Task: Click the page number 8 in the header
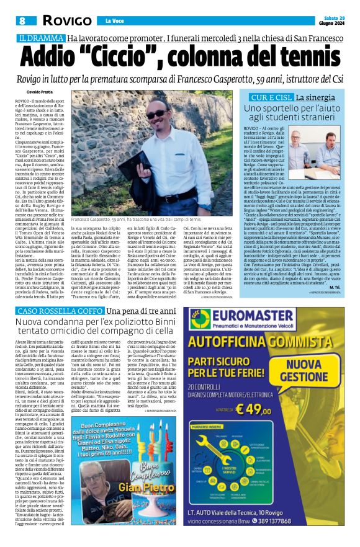pyautogui.click(x=22, y=21)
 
